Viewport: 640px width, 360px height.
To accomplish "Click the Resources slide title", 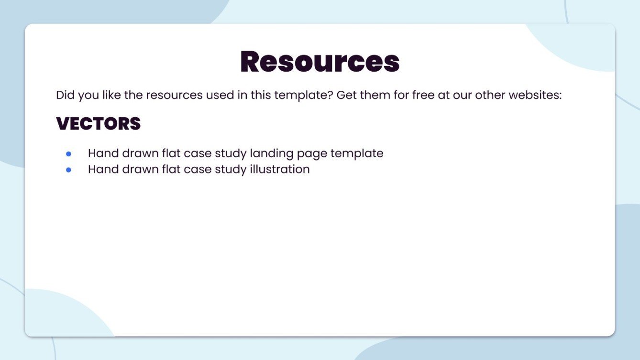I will point(320,62).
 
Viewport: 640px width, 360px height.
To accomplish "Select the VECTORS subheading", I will point(98,123).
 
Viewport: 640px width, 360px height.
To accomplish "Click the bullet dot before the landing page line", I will point(68,154).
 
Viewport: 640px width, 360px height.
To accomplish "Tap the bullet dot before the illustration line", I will point(68,170).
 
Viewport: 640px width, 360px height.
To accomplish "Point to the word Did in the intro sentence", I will point(65,95).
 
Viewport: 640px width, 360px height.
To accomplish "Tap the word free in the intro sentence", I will point(423,95).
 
